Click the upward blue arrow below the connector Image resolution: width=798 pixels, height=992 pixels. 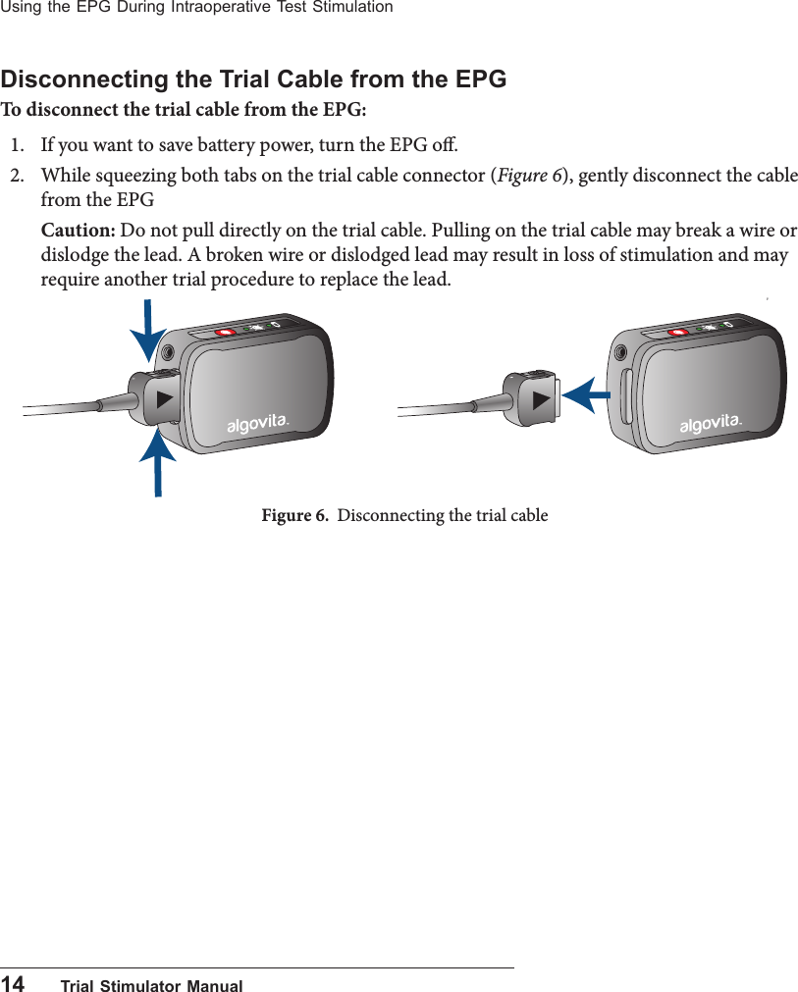[157, 462]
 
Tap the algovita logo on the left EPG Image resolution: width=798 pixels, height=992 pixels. [257, 423]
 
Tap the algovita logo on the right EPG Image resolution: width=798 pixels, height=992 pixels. [710, 423]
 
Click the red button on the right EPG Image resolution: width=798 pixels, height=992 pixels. [677, 333]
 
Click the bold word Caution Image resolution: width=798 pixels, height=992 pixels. [78, 231]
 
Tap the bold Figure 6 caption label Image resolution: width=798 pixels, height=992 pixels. [294, 515]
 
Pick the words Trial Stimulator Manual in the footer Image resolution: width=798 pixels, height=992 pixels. [151, 985]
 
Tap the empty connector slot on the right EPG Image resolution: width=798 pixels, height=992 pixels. [626, 397]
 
